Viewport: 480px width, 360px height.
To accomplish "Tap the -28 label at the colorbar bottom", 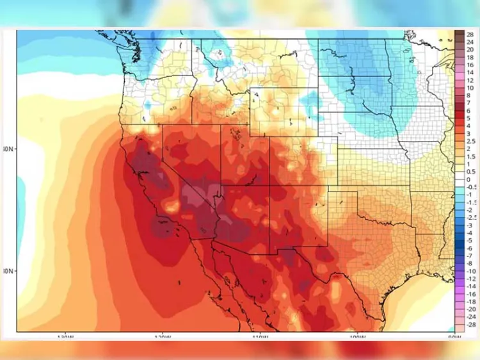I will [471, 325].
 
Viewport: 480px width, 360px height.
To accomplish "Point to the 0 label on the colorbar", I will [469, 180].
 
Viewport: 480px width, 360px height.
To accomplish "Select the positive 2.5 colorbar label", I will [471, 140].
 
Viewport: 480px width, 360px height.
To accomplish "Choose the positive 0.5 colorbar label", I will [471, 172].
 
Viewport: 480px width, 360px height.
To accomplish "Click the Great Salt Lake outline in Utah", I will [240, 136].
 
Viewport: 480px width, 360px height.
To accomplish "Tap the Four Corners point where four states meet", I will [269, 186].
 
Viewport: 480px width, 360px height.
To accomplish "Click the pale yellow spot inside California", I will [171, 206].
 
